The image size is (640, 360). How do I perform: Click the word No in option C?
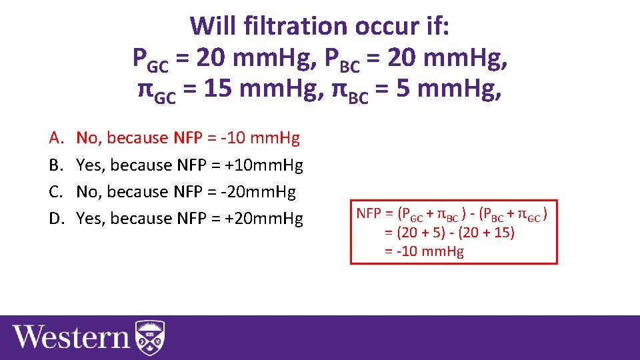(x=87, y=192)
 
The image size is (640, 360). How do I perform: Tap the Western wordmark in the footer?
(x=71, y=336)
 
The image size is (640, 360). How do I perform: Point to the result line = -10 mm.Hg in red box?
(x=424, y=251)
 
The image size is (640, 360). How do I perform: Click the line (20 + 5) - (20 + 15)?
(x=450, y=233)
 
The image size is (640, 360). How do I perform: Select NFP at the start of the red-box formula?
(x=369, y=214)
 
